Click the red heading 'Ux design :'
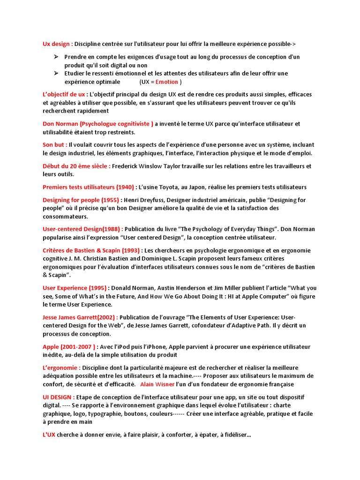(x=58, y=44)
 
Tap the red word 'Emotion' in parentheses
(x=166, y=82)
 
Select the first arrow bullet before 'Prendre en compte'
(x=55, y=57)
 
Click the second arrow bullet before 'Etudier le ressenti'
(x=55, y=73)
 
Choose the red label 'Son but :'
(x=55, y=145)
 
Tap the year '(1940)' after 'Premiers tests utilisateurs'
(x=125, y=187)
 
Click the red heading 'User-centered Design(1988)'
(x=82, y=229)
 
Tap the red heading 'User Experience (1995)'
(x=74, y=288)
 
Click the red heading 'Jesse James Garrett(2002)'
(x=79, y=317)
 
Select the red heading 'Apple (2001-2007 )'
(x=68, y=347)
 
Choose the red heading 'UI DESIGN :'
(x=58, y=397)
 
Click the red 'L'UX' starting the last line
(x=49, y=435)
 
